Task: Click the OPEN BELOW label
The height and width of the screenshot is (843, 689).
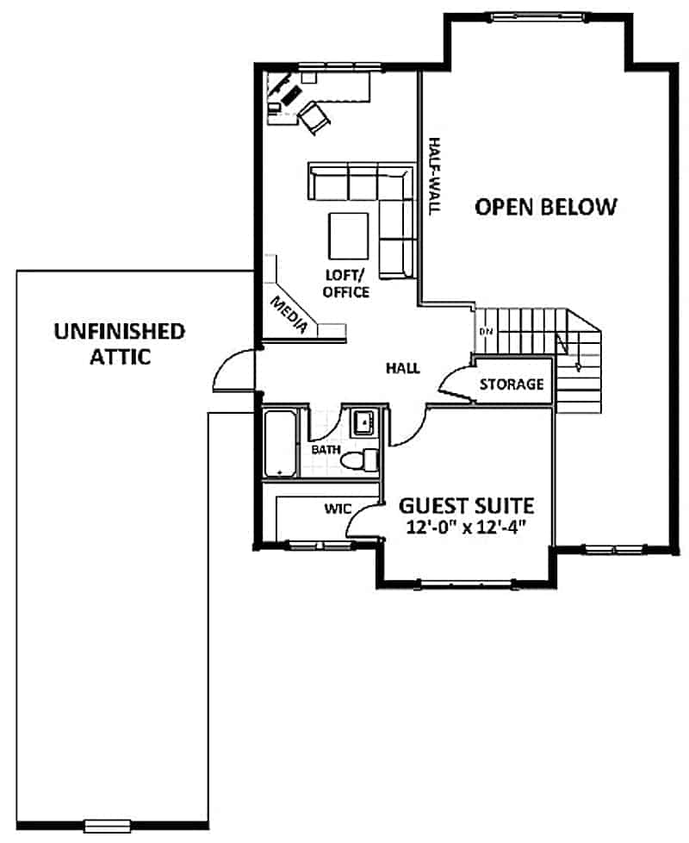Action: tap(546, 207)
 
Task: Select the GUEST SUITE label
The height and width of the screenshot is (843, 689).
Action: tap(466, 505)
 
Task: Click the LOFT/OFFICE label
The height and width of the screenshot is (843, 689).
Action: tap(346, 284)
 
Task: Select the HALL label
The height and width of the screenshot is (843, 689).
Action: tap(403, 368)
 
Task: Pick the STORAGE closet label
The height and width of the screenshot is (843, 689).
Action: tap(512, 384)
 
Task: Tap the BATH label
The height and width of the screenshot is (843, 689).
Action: tap(325, 450)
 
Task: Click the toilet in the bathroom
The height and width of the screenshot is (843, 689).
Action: tap(363, 461)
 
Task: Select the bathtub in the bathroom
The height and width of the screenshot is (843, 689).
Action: tap(279, 443)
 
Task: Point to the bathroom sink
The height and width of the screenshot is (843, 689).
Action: tap(363, 421)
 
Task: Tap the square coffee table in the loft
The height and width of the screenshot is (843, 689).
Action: tap(350, 234)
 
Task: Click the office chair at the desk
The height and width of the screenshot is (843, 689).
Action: tap(313, 117)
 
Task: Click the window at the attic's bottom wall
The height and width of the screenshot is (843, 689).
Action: tap(107, 827)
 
